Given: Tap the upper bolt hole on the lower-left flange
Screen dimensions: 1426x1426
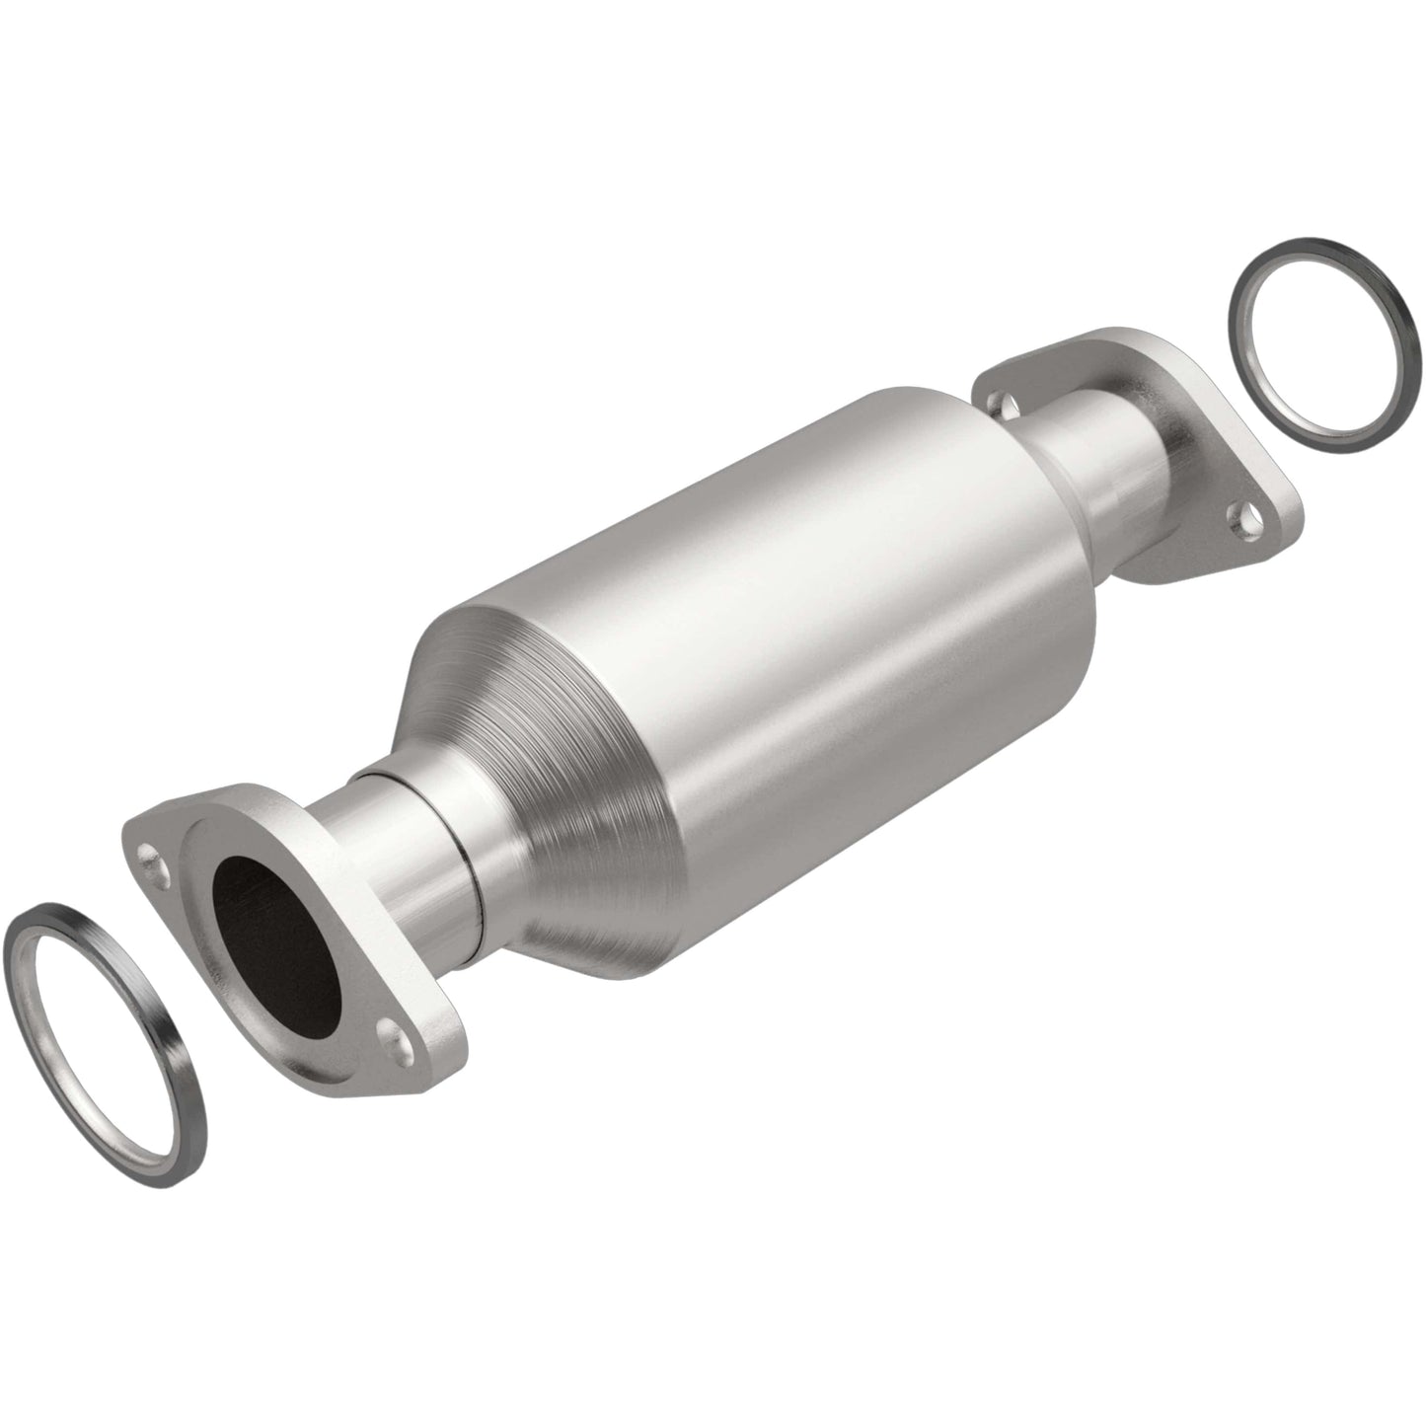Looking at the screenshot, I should tap(151, 852).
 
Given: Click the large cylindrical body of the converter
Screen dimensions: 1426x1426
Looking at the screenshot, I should tap(789, 632).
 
